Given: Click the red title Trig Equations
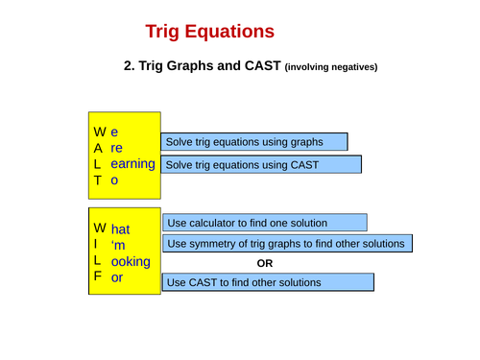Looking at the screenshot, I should pyautogui.click(x=209, y=32).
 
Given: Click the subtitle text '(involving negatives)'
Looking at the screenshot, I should pyautogui.click(x=331, y=67).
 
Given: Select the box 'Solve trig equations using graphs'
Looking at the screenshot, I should pyautogui.click(x=253, y=142).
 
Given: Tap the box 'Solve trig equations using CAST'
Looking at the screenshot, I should pyautogui.click(x=260, y=165).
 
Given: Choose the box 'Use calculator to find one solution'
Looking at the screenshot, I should pyautogui.click(x=264, y=223).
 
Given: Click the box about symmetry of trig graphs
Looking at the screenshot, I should pyautogui.click(x=287, y=244).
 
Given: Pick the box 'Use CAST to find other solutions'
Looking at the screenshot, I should pyautogui.click(x=268, y=283).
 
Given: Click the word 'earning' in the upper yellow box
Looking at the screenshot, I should pyautogui.click(x=132, y=164).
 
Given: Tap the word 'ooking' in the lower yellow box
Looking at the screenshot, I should pyautogui.click(x=131, y=261).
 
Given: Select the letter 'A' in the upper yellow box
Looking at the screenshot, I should pyautogui.click(x=98, y=149).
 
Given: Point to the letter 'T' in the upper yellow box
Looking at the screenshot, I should pyautogui.click(x=97, y=180).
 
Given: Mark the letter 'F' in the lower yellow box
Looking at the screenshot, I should pyautogui.click(x=97, y=277).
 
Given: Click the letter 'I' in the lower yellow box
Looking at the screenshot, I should pyautogui.click(x=96, y=246).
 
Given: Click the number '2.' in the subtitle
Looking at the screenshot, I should pyautogui.click(x=131, y=66).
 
